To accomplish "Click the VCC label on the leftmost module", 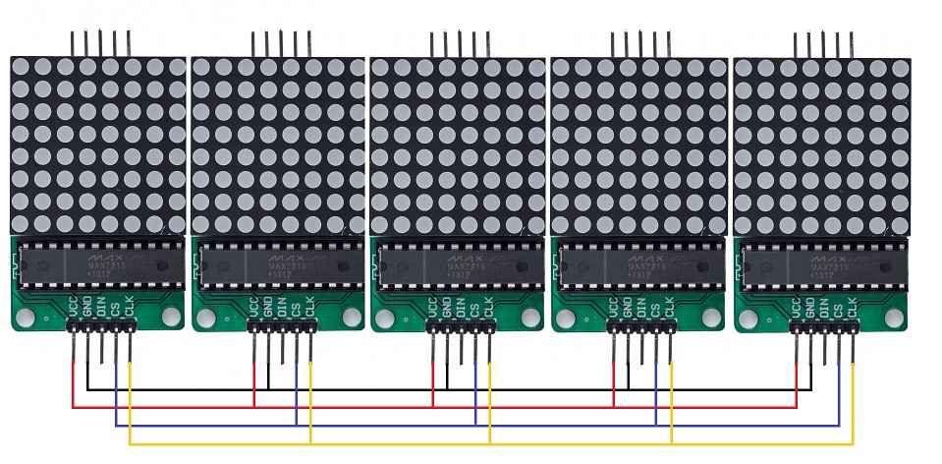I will coord(73,310).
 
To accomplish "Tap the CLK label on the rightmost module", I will coord(852,307).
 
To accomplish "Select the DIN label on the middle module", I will coord(461,310).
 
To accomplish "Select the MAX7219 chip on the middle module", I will coord(460,264).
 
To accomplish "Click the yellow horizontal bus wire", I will coord(491,443).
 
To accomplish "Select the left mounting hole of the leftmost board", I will coord(27,317).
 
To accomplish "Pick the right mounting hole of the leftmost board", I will coord(172,317).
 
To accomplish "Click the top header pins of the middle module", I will coord(460,44).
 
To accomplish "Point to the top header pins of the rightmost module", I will coord(823,44).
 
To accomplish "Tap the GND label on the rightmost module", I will coord(808,310).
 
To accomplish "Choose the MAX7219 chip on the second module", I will coord(280,264).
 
